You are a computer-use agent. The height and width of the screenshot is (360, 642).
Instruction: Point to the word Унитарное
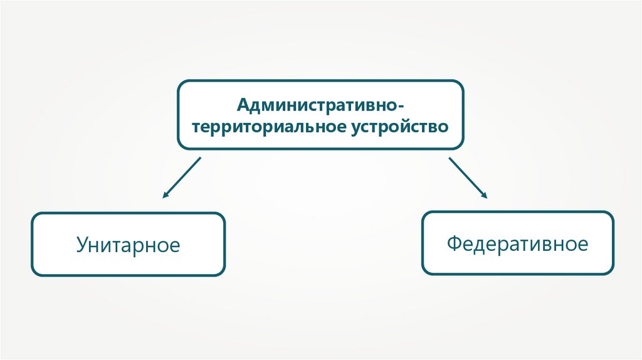[x=128, y=244]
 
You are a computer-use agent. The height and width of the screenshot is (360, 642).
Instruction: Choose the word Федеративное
[x=517, y=243]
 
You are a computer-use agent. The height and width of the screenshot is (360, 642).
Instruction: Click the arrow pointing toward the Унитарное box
[x=181, y=177]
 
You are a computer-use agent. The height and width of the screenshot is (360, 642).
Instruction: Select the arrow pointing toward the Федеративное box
[x=468, y=177]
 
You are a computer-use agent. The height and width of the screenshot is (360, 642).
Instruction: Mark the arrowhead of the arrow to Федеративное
[x=485, y=196]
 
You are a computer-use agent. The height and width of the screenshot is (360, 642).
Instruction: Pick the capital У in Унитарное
[x=82, y=244]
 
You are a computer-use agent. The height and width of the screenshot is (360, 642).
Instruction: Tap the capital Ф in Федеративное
[x=454, y=243]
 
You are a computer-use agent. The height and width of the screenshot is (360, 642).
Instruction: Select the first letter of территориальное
[x=196, y=127]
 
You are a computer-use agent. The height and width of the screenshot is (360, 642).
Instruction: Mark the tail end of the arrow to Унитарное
[x=200, y=158]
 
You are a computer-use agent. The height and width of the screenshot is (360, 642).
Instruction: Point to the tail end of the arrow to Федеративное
[x=450, y=158]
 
